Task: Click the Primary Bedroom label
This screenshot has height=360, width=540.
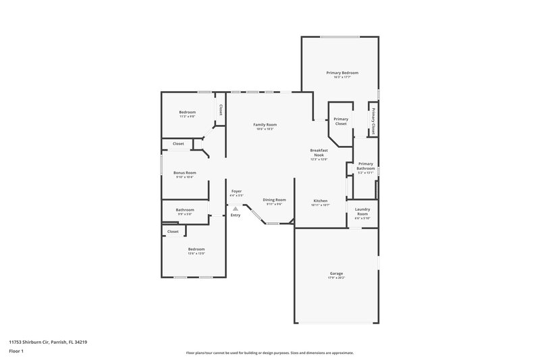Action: pos(342,72)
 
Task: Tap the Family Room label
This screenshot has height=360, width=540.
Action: pos(265,124)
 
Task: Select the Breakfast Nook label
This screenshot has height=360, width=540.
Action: pos(319,152)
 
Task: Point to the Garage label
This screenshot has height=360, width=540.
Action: pos(336,273)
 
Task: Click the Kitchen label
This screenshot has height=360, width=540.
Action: pos(320,201)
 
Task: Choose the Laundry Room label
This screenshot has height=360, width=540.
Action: pos(362,213)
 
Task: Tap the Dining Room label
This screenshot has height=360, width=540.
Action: pos(274,199)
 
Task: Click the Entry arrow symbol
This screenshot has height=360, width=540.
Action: pos(235,208)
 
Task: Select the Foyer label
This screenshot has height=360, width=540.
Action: pos(236,191)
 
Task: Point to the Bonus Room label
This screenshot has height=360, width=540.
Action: pos(184,172)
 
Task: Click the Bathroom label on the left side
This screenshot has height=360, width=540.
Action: pos(185,209)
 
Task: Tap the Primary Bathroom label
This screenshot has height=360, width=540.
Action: pos(365,165)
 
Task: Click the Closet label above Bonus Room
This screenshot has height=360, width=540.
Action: pos(178,143)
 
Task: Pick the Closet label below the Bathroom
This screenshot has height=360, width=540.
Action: pos(173,231)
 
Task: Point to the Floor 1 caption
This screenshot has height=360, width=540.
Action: pos(16,352)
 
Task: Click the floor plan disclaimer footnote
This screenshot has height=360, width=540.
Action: pos(269,353)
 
